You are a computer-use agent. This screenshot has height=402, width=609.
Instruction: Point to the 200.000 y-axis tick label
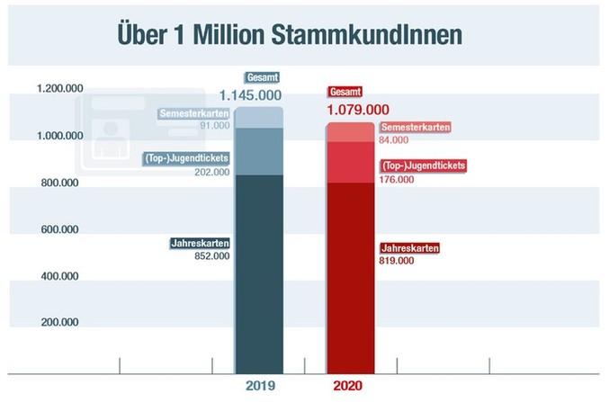pyautogui.click(x=59, y=321)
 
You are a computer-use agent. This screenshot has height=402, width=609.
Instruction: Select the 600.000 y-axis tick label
pyautogui.click(x=59, y=229)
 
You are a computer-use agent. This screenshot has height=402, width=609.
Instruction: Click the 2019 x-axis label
pyautogui.click(x=260, y=387)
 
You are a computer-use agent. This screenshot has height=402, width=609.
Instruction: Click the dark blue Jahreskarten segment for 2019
pyautogui.click(x=259, y=270)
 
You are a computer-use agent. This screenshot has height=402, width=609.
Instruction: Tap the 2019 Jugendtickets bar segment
pyautogui.click(x=259, y=151)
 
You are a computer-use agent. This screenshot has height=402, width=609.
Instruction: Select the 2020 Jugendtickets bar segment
pyautogui.click(x=350, y=162)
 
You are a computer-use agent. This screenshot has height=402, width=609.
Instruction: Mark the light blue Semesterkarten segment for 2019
pyautogui.click(x=259, y=118)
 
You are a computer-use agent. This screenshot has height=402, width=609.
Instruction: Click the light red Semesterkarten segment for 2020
pyautogui.click(x=350, y=131)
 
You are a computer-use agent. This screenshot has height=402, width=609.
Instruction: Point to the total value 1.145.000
pyautogui.click(x=251, y=94)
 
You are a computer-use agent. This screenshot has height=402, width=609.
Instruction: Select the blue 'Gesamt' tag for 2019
pyautogui.click(x=256, y=78)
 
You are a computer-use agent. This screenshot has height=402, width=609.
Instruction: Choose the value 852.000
pyautogui.click(x=212, y=256)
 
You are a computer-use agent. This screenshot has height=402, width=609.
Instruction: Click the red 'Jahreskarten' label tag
pyautogui.click(x=411, y=246)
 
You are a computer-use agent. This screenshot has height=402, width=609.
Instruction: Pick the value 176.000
pyautogui.click(x=397, y=179)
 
